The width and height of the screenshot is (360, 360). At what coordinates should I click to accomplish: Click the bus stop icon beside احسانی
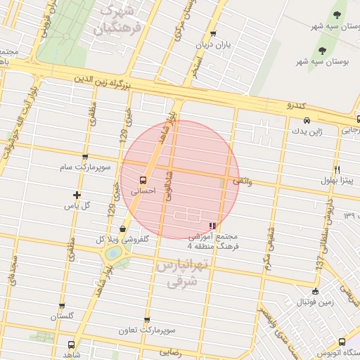click(x=143, y=179)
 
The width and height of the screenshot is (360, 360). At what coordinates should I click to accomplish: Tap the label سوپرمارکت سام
click(x=84, y=167)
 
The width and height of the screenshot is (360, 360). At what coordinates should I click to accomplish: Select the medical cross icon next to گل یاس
click(x=77, y=195)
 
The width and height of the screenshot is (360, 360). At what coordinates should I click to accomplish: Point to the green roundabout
click(x=112, y=254)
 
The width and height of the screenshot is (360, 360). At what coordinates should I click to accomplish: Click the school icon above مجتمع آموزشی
click(x=212, y=226)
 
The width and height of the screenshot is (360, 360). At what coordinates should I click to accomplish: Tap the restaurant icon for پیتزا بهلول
click(x=337, y=170)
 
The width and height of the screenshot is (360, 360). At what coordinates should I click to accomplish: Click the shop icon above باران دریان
click(x=212, y=34)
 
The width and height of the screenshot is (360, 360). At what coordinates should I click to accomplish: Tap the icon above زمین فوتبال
click(x=314, y=291)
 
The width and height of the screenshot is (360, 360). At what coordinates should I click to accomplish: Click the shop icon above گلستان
click(x=62, y=306)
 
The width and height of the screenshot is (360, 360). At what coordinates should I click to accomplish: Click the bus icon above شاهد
click(x=70, y=345)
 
